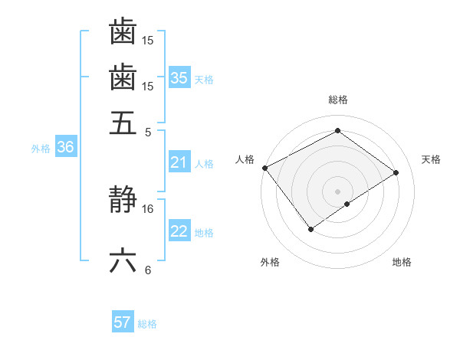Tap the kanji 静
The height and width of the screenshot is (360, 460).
click(x=123, y=201)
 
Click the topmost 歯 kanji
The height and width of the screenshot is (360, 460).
click(x=123, y=32)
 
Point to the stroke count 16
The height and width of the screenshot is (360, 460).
click(x=148, y=208)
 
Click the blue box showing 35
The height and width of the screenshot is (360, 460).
click(x=179, y=78)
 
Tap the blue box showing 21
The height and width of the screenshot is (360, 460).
click(x=179, y=162)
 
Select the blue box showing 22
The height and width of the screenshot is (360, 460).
click(x=179, y=232)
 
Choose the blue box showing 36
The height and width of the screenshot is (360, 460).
click(x=65, y=148)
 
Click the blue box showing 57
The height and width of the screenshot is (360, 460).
click(x=123, y=322)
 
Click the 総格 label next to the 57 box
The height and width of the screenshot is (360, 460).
click(x=147, y=324)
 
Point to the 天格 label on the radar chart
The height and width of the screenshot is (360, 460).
click(x=431, y=159)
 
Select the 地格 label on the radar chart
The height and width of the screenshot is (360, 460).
click(x=402, y=263)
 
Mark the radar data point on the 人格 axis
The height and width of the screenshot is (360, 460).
click(x=264, y=168)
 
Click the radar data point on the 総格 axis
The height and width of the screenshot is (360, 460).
click(x=337, y=130)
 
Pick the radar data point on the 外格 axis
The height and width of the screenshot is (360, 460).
click(x=310, y=229)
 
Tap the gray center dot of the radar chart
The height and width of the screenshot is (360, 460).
click(x=337, y=191)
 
